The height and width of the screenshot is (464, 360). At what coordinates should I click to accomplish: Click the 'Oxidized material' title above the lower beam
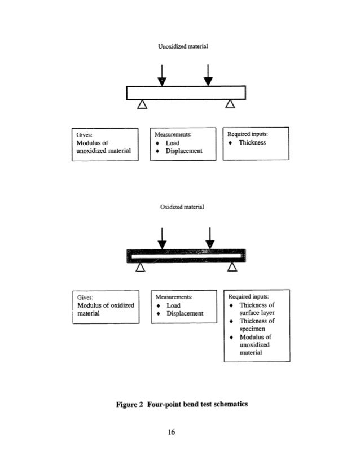(179, 208)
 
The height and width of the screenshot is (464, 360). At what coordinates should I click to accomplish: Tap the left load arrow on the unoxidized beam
(162, 73)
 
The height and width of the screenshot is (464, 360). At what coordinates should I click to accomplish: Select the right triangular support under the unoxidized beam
(230, 104)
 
